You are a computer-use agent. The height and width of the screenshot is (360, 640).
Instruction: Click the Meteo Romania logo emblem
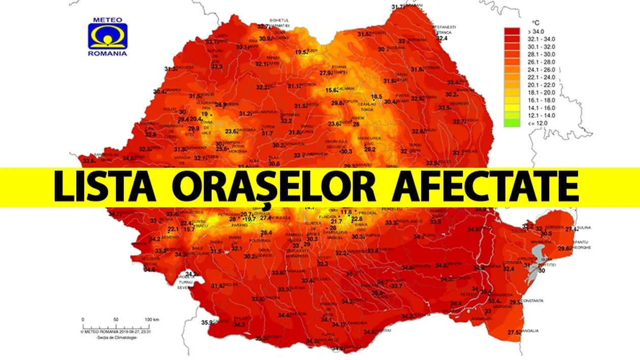pos(108,36)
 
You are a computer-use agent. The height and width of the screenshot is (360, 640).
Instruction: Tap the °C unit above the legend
pos(534,23)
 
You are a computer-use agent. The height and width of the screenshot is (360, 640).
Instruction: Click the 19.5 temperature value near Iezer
pos(302,52)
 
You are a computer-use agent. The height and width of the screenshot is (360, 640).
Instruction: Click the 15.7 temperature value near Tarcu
pos(189,230)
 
